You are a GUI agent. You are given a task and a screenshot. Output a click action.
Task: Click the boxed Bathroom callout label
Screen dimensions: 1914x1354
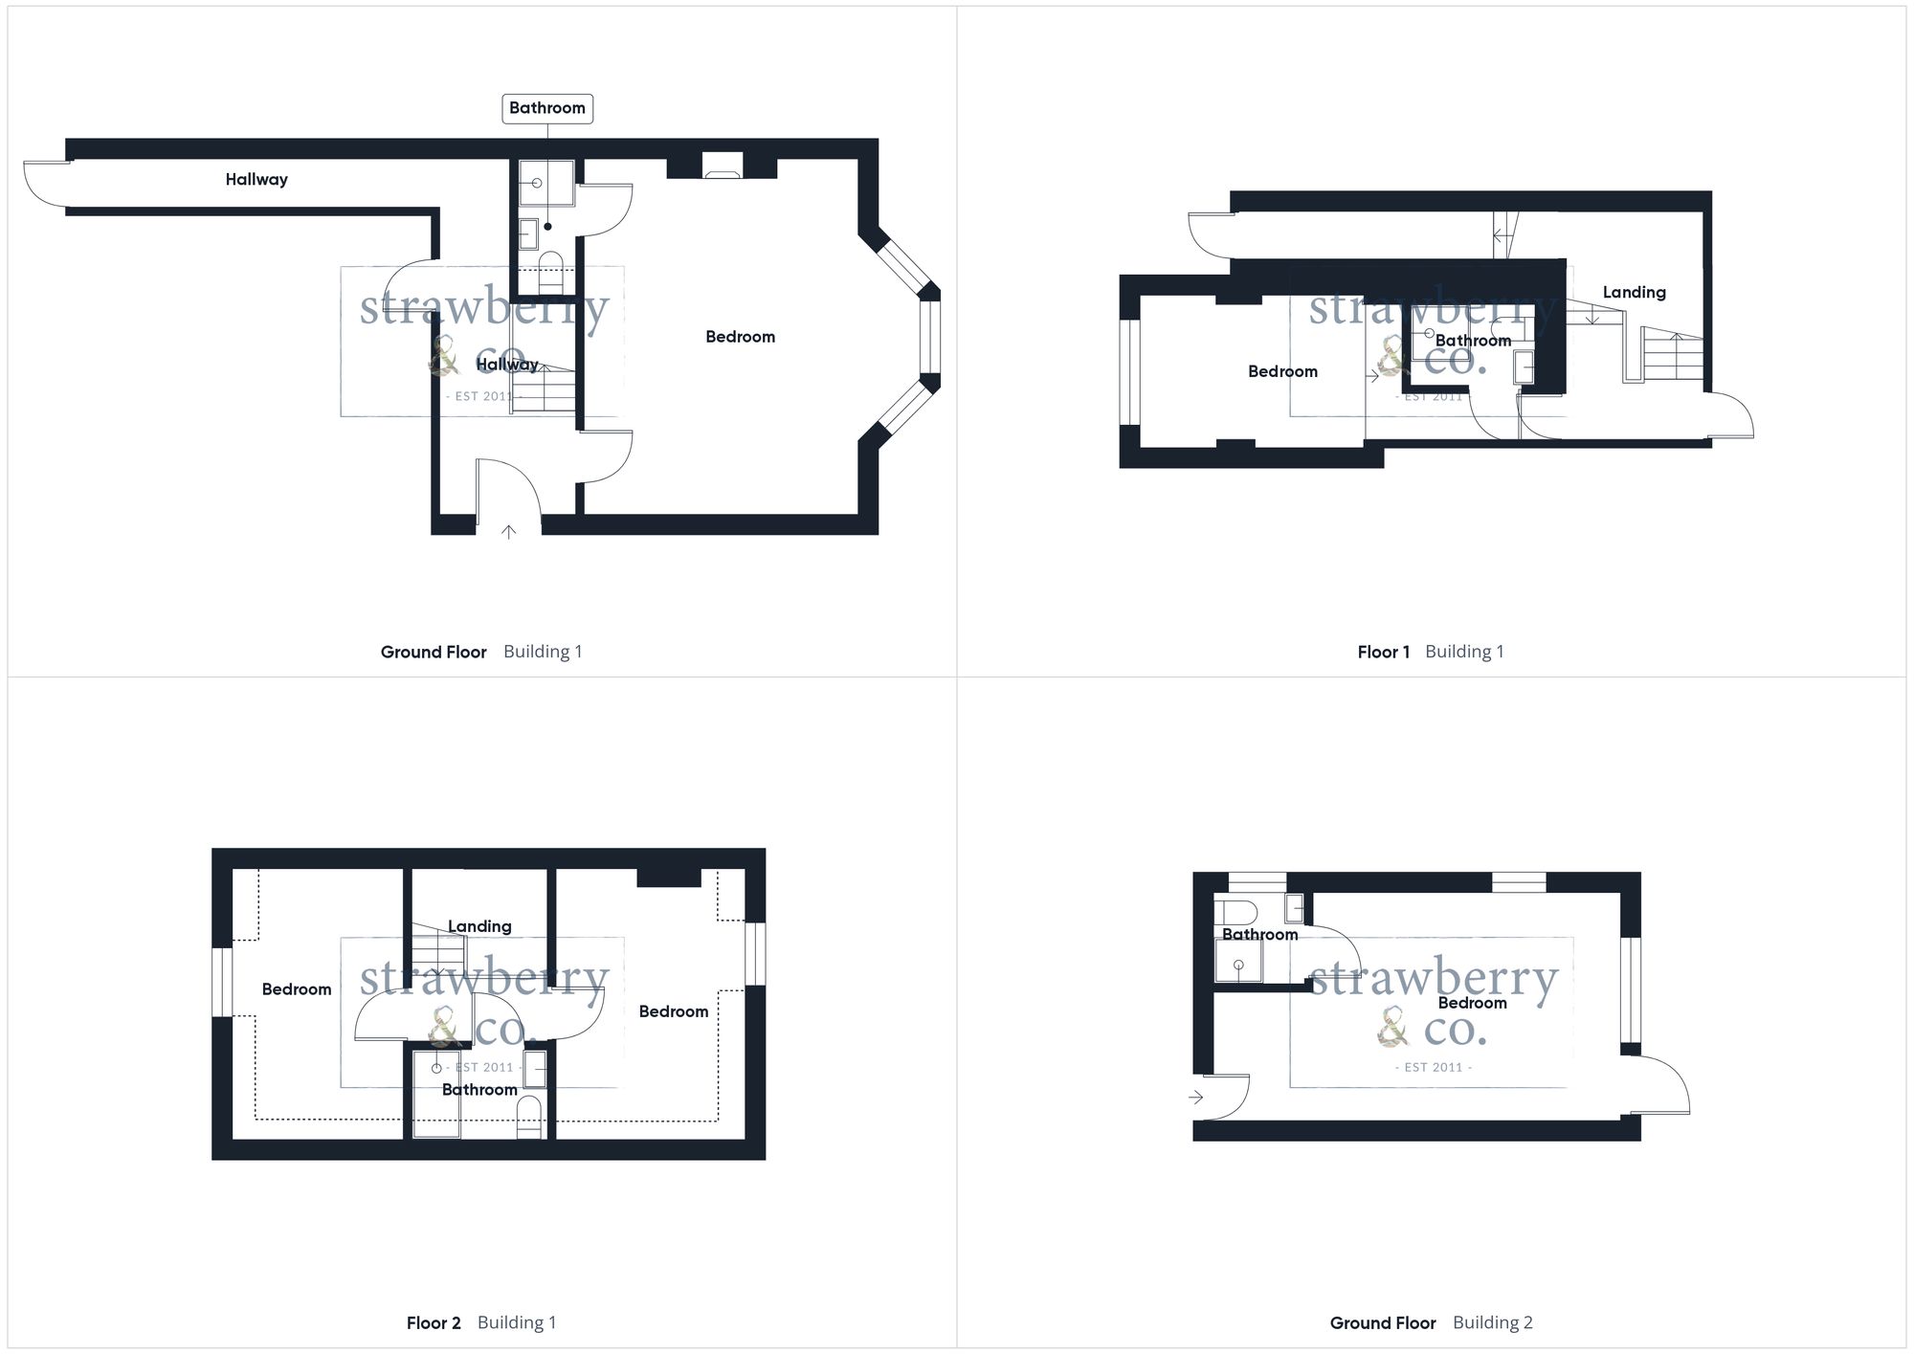(547, 108)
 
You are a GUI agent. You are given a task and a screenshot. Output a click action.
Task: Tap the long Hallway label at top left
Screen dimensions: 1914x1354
(256, 180)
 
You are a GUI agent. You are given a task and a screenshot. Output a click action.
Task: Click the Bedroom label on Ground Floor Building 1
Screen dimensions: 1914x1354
(741, 337)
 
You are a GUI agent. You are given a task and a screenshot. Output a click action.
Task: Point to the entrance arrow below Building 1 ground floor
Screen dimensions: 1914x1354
(508, 532)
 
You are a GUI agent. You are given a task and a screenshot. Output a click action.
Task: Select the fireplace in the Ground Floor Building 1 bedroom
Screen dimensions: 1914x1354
(722, 166)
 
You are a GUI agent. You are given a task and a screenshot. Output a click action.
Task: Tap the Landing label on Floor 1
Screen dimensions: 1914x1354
(1635, 293)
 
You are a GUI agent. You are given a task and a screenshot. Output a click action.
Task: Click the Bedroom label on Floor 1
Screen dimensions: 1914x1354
(1283, 371)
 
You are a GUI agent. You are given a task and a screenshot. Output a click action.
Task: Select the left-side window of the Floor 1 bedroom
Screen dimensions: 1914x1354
(1130, 372)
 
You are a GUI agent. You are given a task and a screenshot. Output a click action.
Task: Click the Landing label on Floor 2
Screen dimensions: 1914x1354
(479, 926)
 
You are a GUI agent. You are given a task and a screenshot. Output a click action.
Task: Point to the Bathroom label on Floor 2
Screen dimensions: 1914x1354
(479, 1090)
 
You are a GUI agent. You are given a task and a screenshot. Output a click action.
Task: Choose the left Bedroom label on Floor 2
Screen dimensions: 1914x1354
(297, 989)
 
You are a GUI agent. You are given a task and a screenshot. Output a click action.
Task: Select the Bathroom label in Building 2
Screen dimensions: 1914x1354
(1260, 935)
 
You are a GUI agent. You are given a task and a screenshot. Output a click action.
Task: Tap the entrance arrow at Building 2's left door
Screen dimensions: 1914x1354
(1196, 1098)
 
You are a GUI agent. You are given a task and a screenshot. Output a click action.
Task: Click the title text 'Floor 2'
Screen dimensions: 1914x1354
(434, 1323)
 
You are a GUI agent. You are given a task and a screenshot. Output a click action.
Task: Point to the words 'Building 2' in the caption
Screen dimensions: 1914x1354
(1493, 1323)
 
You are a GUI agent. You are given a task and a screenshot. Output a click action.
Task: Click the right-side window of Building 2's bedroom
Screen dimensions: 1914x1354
(1631, 989)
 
